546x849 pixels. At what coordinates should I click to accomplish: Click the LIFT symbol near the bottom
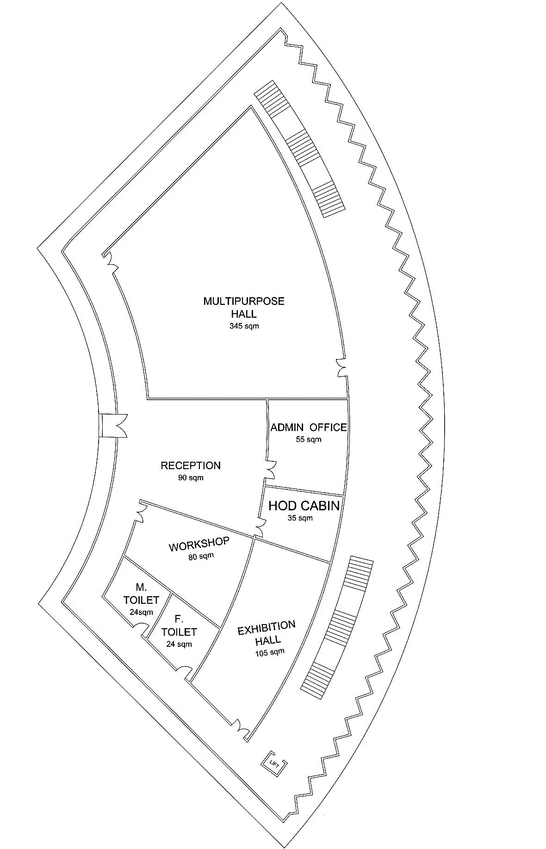coord(274,760)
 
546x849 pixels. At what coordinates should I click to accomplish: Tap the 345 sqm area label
coord(244,326)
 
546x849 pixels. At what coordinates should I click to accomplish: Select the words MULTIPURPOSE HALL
coord(244,307)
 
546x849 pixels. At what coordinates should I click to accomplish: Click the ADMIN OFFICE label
coord(308,427)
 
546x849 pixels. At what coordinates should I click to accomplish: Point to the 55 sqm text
coord(308,439)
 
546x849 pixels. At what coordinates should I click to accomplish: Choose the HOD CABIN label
coord(304,506)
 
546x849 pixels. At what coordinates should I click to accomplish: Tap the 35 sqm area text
coord(300,518)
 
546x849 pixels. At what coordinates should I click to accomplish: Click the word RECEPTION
coord(191,465)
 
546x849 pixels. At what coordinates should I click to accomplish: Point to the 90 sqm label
coord(191,477)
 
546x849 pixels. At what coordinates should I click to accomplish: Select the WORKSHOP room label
coord(199,544)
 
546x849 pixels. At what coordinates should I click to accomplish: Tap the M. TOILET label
coord(141,594)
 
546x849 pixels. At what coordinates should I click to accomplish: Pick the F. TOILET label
coord(179,626)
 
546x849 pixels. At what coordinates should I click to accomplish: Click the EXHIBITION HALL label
coord(267,632)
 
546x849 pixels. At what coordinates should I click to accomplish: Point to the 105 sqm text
coord(269,652)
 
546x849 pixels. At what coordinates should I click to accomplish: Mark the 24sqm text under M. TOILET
coord(141,612)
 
